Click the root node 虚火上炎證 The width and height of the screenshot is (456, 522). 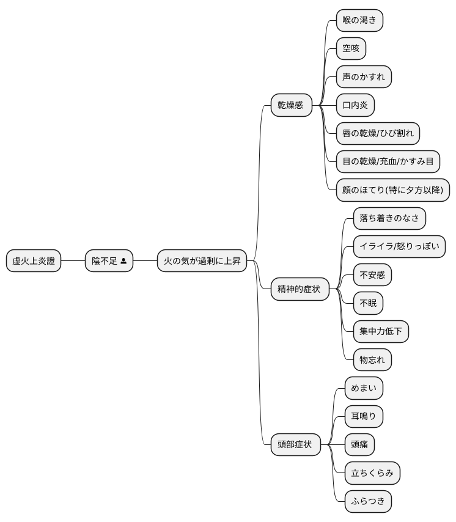click(x=34, y=260)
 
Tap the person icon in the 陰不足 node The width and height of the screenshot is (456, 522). click(x=123, y=261)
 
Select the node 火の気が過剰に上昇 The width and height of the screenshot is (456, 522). click(x=202, y=260)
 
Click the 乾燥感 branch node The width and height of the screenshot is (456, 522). click(x=291, y=105)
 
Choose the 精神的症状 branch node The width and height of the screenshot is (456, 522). click(x=300, y=289)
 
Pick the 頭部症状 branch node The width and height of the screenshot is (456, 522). click(x=296, y=444)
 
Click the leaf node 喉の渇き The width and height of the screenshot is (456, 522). click(x=359, y=20)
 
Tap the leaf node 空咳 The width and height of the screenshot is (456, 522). click(x=351, y=49)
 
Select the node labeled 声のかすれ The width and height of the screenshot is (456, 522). click(x=364, y=77)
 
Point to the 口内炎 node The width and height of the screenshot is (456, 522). click(x=355, y=105)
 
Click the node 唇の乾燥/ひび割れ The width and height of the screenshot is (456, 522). click(x=378, y=133)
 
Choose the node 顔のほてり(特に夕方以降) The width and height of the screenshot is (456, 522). click(x=393, y=190)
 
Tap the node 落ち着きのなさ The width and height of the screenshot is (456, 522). click(x=389, y=218)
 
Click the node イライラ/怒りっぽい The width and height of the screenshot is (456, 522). click(x=399, y=247)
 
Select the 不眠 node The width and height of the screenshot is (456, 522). click(x=368, y=303)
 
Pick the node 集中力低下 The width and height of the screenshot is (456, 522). click(x=381, y=331)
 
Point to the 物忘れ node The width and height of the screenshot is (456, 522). click(x=372, y=360)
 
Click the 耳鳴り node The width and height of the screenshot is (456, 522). click(x=364, y=416)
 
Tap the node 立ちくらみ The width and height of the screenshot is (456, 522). click(x=372, y=472)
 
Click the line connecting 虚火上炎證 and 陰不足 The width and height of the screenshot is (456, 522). click(x=73, y=260)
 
